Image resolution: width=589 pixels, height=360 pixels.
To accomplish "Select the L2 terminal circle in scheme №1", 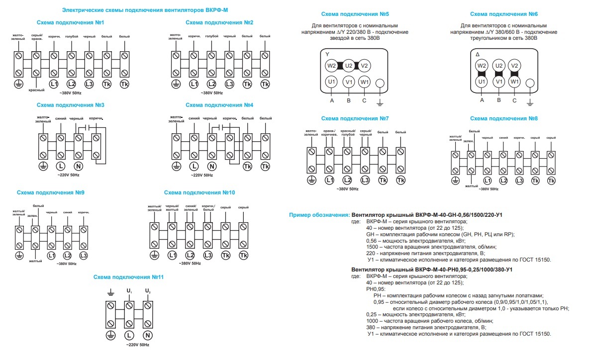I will (71, 84).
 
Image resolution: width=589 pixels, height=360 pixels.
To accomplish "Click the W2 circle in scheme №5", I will (331, 66).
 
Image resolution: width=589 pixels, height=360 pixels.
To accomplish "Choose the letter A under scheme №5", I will (331, 100).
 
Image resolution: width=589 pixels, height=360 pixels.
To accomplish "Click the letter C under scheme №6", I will (514, 100).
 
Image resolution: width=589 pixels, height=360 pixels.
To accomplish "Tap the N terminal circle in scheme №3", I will (78, 166).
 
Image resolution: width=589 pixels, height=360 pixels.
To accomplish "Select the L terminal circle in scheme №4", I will (194, 166).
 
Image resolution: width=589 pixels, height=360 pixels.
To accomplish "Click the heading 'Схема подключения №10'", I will (199, 192).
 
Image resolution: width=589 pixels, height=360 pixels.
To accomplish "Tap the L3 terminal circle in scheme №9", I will (83, 256).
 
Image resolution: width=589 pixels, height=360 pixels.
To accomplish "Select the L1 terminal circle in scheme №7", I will (329, 180).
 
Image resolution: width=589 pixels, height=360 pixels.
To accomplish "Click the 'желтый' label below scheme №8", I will (471, 185).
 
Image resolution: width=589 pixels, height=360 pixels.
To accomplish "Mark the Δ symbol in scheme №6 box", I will (478, 54).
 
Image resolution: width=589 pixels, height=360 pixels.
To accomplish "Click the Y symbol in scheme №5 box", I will (327, 53).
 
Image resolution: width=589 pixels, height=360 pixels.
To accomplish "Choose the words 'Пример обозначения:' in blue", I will (319, 215).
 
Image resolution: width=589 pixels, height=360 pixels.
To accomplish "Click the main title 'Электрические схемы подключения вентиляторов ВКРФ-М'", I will (144, 9).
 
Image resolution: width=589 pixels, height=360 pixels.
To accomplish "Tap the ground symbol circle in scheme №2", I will (176, 84).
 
